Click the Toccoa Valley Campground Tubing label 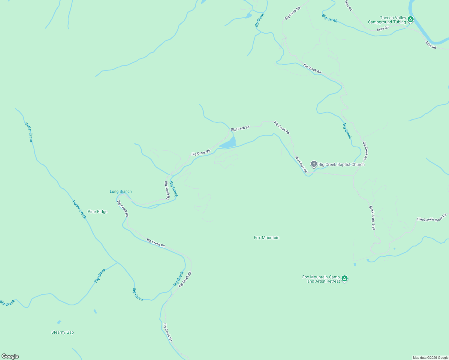(387, 20)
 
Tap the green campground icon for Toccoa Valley (411, 20)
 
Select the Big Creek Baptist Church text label (341, 164)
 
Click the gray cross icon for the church (314, 164)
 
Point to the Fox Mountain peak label (267, 238)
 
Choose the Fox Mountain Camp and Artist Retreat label (321, 279)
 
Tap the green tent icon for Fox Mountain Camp (345, 279)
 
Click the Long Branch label (121, 191)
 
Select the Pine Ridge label (98, 211)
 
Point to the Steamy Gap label (62, 332)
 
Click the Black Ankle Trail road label (372, 218)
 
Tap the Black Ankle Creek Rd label (432, 217)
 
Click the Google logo (10, 356)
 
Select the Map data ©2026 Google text (430, 358)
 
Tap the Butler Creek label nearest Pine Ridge (79, 209)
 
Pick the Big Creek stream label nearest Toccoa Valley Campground (330, 18)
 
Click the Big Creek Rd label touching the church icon (301, 164)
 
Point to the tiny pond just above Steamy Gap (59, 322)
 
